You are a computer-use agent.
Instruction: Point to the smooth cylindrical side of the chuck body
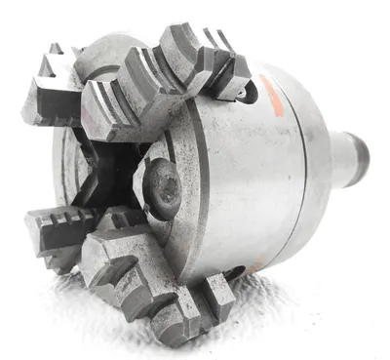point(244,185)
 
